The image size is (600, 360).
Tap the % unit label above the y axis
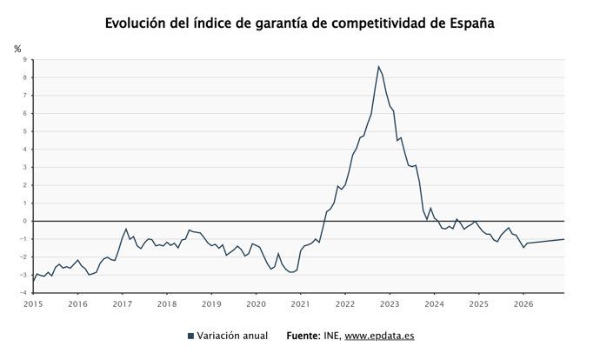(x=17, y=49)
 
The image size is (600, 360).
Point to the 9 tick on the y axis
(x=25, y=60)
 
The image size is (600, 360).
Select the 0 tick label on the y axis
(x=25, y=221)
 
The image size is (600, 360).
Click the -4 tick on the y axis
(x=23, y=293)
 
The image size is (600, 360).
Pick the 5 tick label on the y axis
(x=25, y=131)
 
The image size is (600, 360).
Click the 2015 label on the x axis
(x=33, y=303)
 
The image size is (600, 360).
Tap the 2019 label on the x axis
(x=211, y=303)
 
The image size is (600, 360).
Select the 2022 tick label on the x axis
(x=345, y=303)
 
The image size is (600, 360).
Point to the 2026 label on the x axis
(x=523, y=303)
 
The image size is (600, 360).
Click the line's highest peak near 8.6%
(x=378, y=67)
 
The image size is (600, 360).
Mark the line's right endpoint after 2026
(x=564, y=239)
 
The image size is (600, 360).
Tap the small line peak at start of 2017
(x=126, y=230)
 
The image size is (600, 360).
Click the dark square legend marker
(x=190, y=336)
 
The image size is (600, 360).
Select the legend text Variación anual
(x=232, y=336)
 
